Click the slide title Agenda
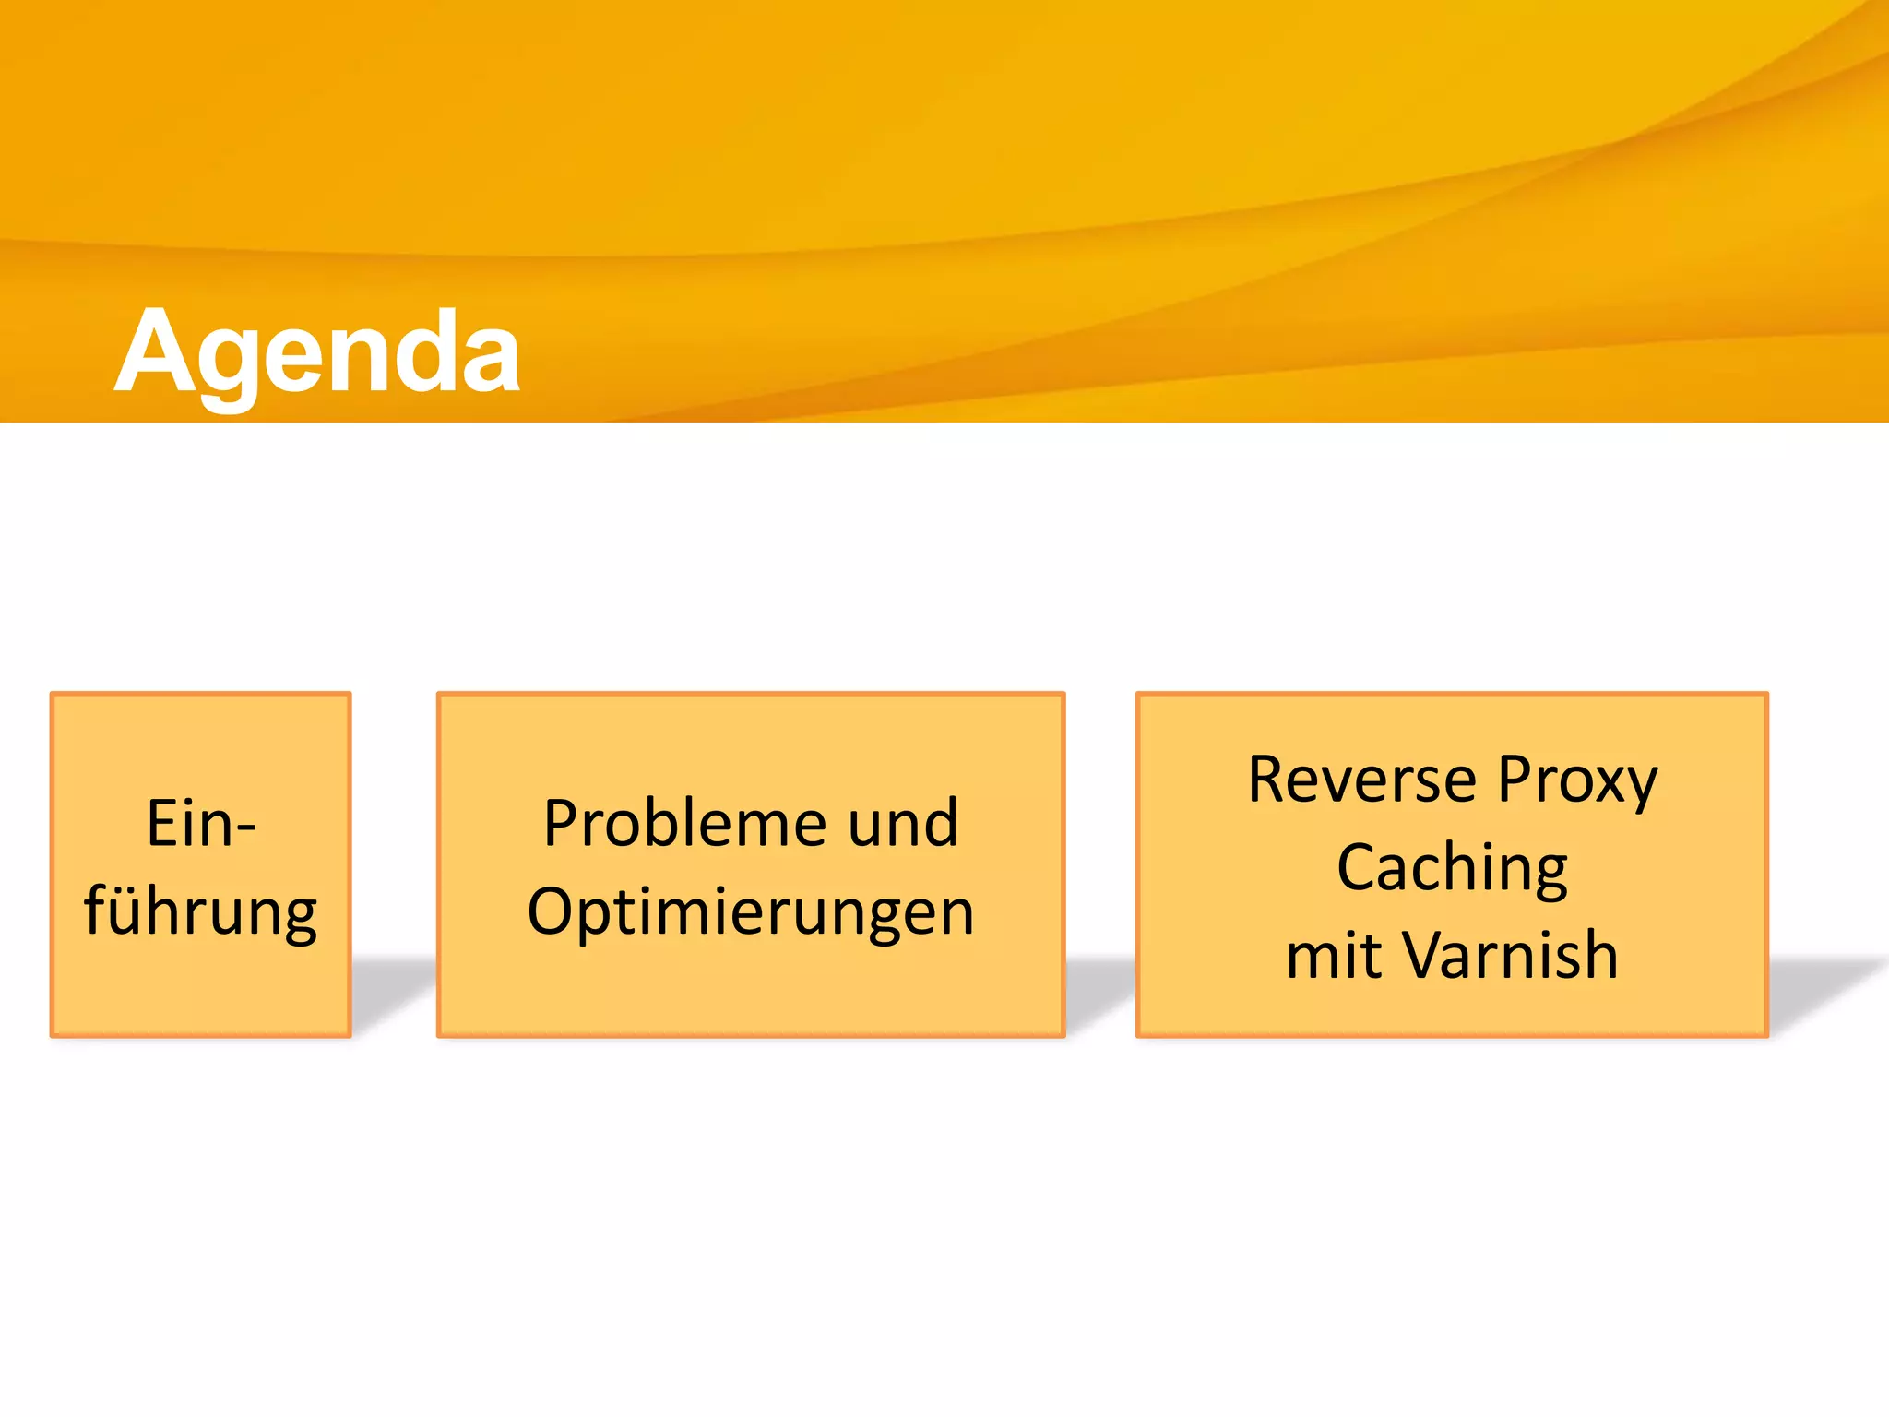[317, 353]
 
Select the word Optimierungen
[751, 912]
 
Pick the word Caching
[1452, 869]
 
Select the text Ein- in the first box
[201, 824]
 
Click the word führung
[201, 912]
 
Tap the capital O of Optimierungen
[551, 912]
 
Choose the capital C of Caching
[1358, 868]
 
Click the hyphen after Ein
[245, 828]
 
